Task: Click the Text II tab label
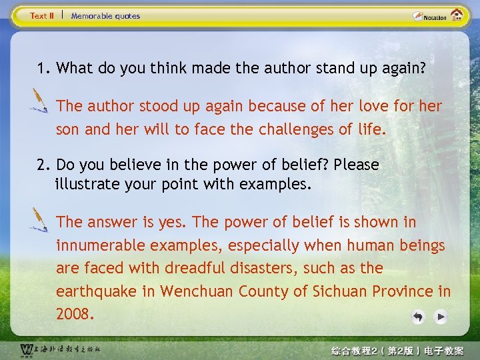pyautogui.click(x=42, y=15)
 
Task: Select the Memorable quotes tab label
pyautogui.click(x=105, y=15)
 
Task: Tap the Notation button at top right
pyautogui.click(x=430, y=17)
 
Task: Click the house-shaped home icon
pyautogui.click(x=457, y=15)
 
